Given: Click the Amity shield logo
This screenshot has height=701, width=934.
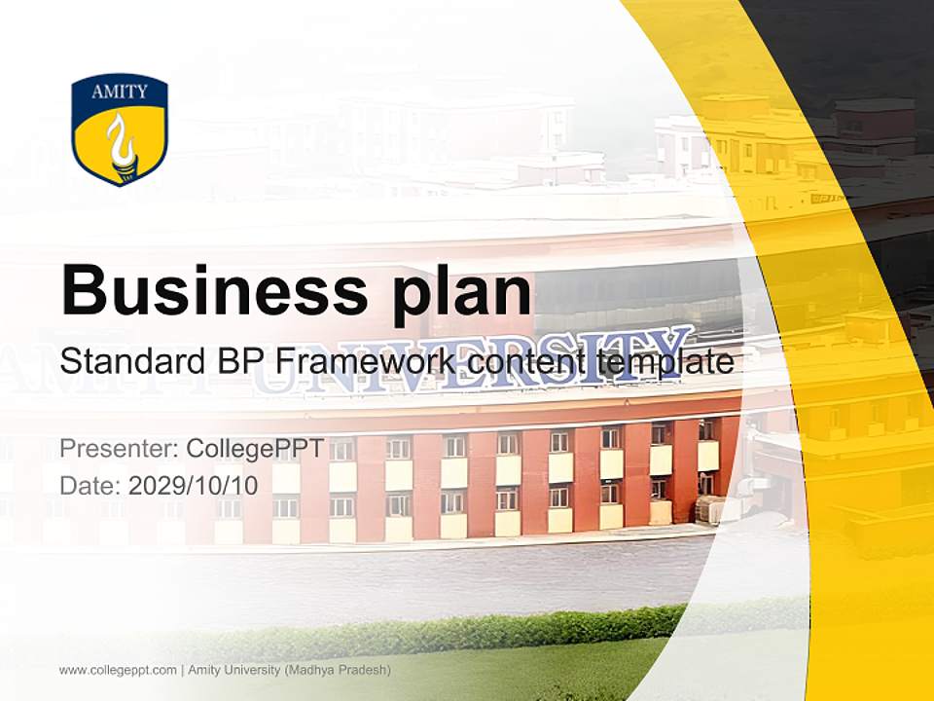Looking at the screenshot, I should (120, 130).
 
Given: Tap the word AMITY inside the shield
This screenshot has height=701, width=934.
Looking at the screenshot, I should (120, 92).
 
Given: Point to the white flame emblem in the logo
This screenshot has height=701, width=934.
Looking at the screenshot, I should (121, 142).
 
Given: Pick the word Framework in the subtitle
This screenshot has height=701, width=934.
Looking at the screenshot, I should (363, 362).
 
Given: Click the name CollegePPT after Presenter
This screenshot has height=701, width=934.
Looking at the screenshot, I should (256, 449).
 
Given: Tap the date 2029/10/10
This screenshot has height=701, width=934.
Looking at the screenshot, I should (193, 484).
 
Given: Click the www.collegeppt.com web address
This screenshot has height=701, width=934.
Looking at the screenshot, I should (118, 670).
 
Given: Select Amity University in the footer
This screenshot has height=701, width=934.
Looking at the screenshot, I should (233, 670).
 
